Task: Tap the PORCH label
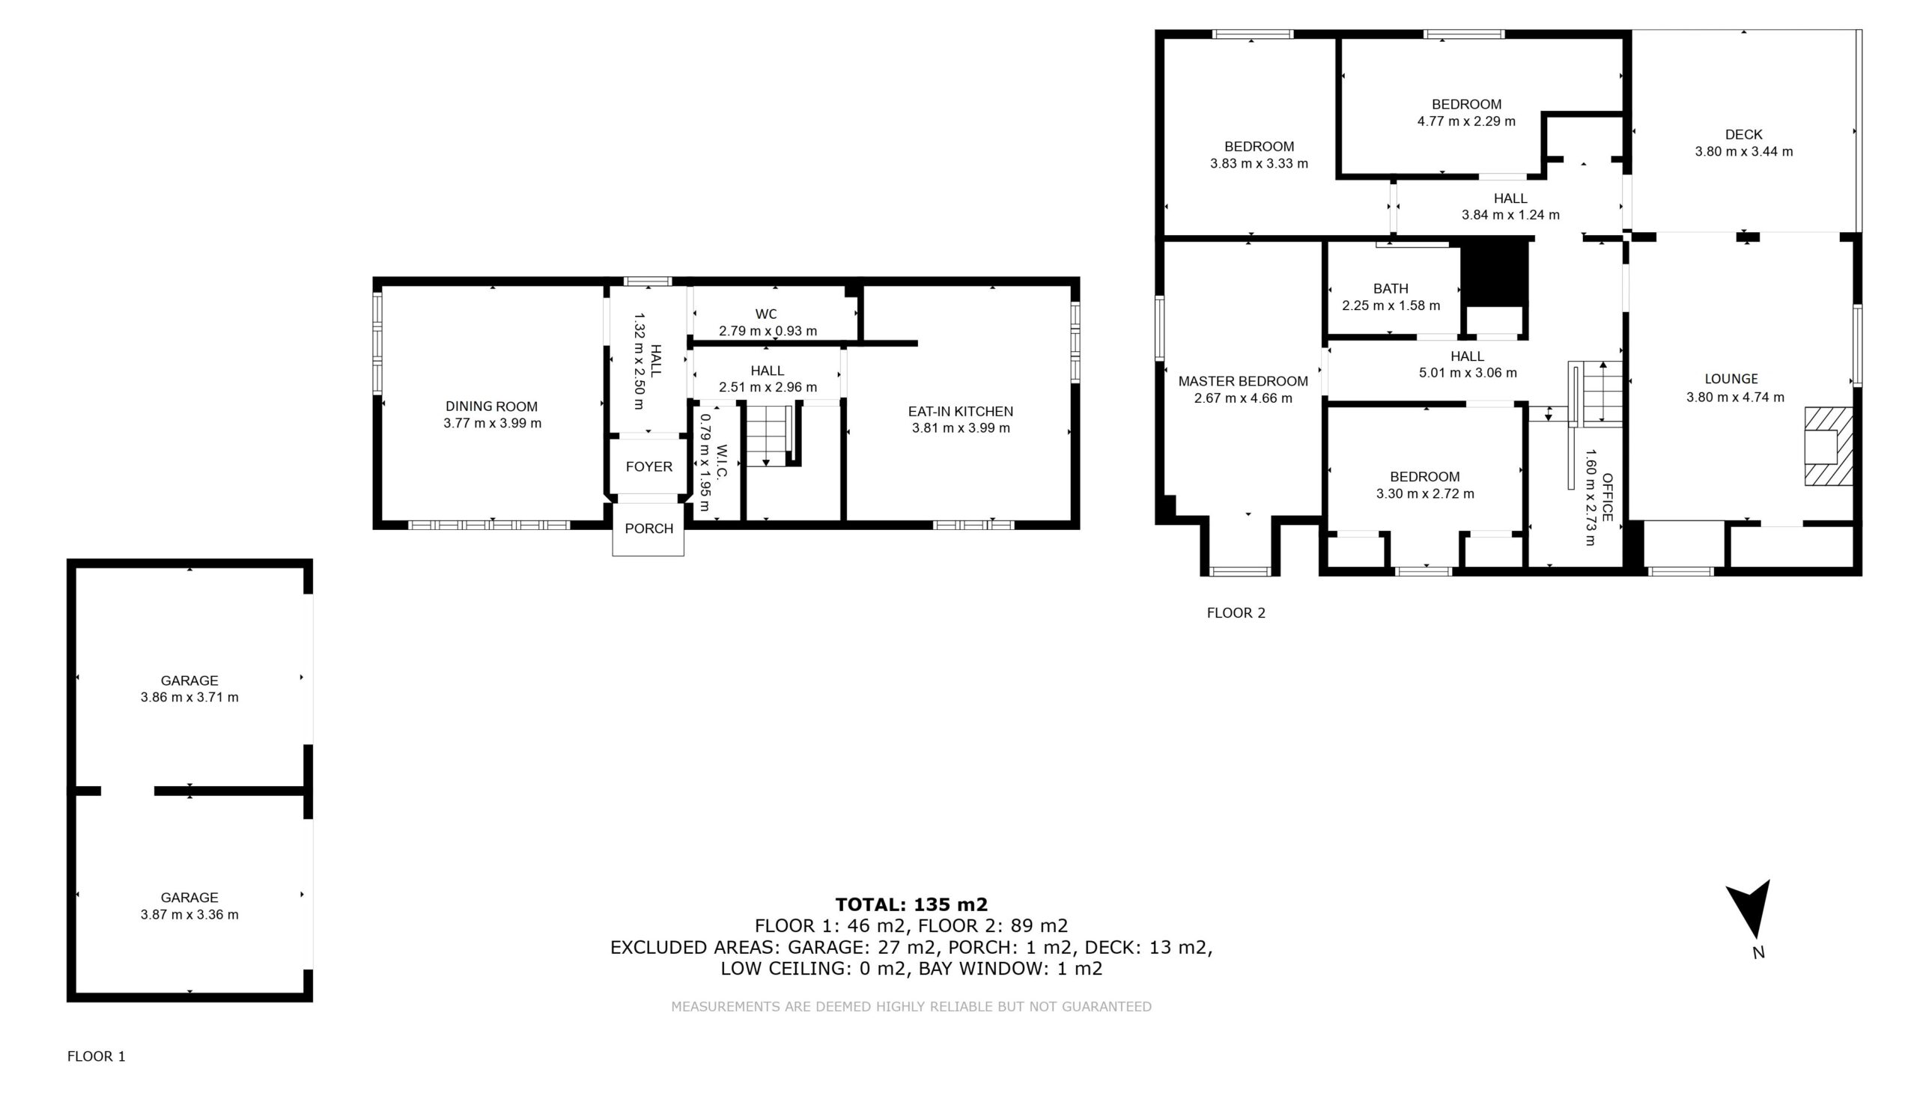pyautogui.click(x=649, y=529)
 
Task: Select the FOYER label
pyautogui.click(x=649, y=467)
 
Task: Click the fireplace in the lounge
pyautogui.click(x=1829, y=446)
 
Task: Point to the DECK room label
pyautogui.click(x=1743, y=135)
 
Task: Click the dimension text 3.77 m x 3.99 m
pyautogui.click(x=492, y=424)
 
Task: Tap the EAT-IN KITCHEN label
pyautogui.click(x=961, y=411)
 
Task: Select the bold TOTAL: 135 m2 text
pyautogui.click(x=911, y=904)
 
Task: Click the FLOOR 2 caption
pyautogui.click(x=1236, y=613)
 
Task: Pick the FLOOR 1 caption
pyautogui.click(x=97, y=1056)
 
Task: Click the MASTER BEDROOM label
pyautogui.click(x=1243, y=381)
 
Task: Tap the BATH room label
pyautogui.click(x=1391, y=289)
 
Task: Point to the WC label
pyautogui.click(x=766, y=314)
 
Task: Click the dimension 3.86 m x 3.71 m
pyautogui.click(x=189, y=697)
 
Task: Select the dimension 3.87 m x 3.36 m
pyautogui.click(x=189, y=915)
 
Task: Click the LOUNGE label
pyautogui.click(x=1731, y=379)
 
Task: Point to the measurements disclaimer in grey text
pyautogui.click(x=911, y=1007)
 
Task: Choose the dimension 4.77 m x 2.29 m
pyautogui.click(x=1466, y=121)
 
